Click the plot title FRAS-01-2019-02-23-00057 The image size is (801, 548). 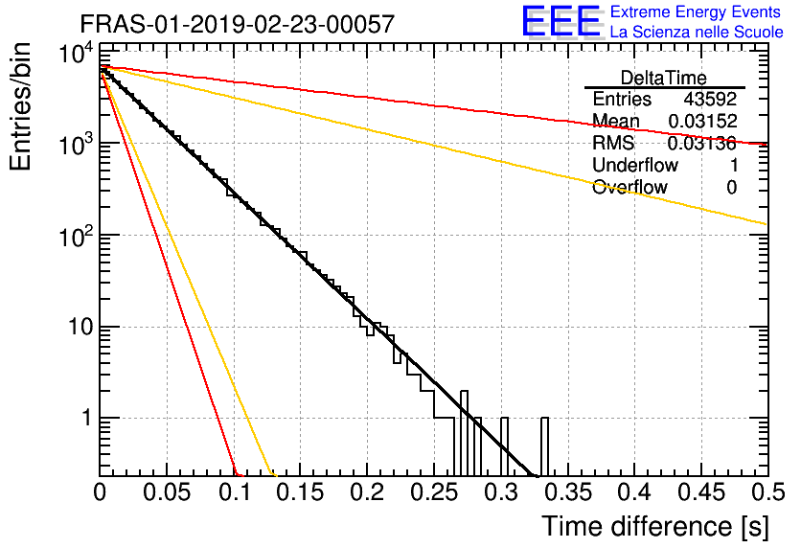pos(238,24)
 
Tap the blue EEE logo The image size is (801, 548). pos(561,21)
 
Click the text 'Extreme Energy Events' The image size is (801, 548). pos(696,11)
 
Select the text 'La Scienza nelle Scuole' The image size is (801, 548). pos(697,32)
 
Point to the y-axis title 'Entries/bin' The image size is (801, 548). pos(21,106)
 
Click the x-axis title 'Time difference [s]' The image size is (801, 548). pos(655,526)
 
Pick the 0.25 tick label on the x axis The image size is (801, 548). pos(434,492)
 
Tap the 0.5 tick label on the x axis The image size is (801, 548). pos(768,492)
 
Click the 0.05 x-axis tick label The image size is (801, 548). pos(167,492)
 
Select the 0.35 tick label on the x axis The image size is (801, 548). pos(567,492)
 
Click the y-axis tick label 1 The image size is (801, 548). pos(87,418)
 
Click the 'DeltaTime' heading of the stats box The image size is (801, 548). pos(664,78)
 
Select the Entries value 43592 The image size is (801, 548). pos(711,99)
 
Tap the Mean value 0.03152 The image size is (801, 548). pos(703,121)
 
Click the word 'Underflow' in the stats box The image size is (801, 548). pos(635,165)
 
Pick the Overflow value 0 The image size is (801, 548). pos(732,187)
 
